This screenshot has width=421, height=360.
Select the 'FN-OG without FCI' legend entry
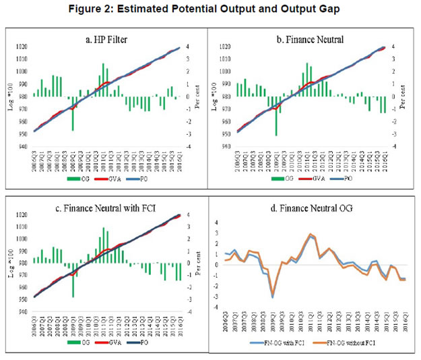pos(355,343)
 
